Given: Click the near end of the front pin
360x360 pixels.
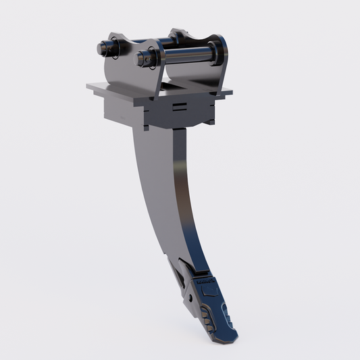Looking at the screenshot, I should pyautogui.click(x=144, y=57).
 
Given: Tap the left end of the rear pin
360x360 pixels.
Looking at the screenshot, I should pyautogui.click(x=103, y=47).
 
